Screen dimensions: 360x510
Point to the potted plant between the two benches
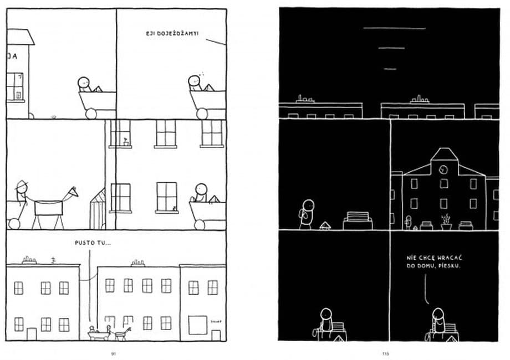coord(445,222)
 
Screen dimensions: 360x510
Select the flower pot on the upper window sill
coord(126,142)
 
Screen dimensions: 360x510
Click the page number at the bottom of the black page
coord(386,353)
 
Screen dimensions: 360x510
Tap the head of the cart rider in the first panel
coord(83,82)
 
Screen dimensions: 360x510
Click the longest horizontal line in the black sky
coord(394,28)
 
